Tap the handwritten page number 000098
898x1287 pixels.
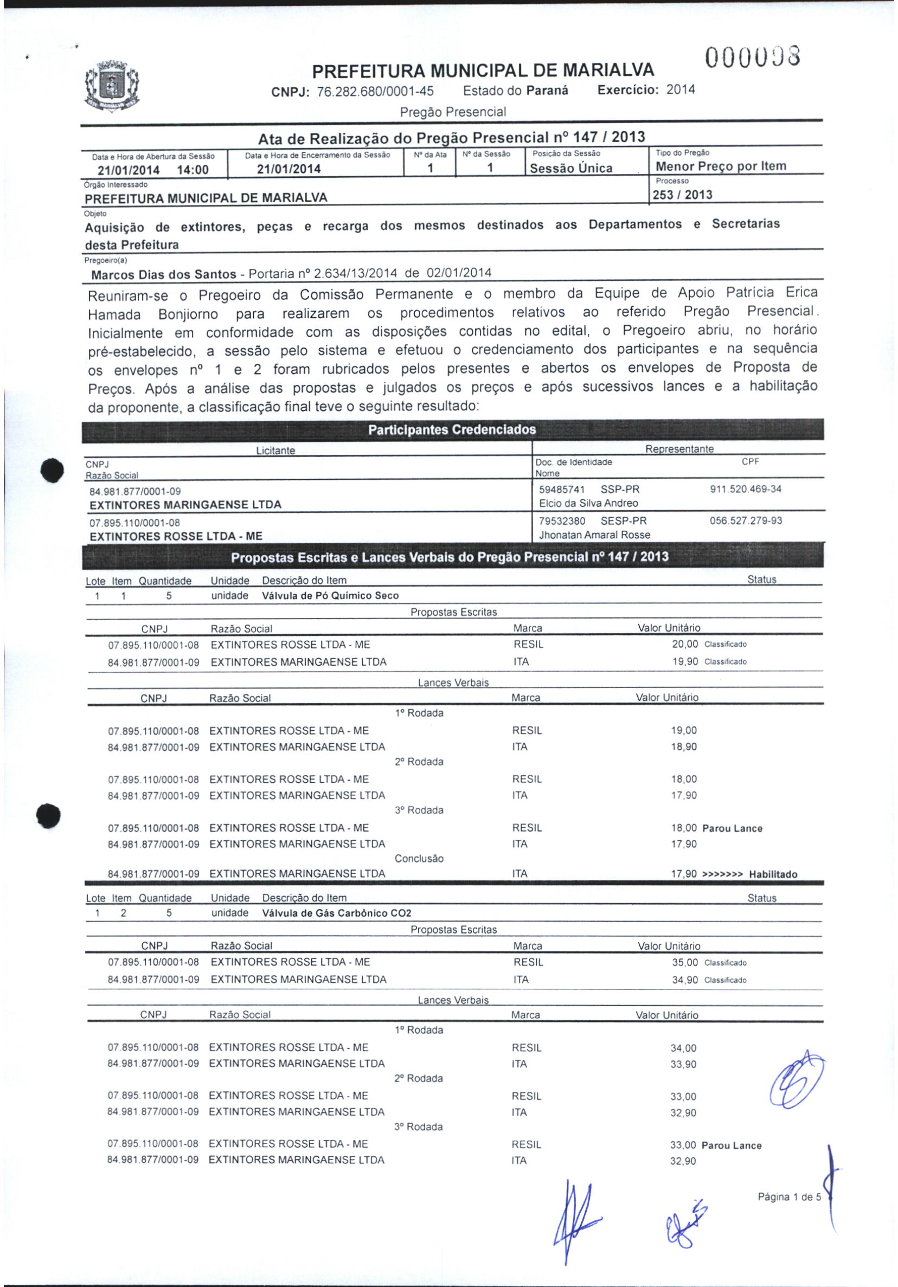click(x=753, y=57)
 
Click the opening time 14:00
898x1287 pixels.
click(x=193, y=170)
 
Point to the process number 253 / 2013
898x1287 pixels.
click(x=683, y=195)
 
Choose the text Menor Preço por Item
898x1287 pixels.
click(x=721, y=166)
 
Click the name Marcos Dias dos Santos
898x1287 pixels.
click(x=163, y=275)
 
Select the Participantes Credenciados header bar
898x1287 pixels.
click(x=452, y=430)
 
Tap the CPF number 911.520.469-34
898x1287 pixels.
click(x=746, y=489)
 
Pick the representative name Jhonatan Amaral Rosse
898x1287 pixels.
click(x=595, y=535)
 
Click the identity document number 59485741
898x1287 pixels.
click(x=562, y=489)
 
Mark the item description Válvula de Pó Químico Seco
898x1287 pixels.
click(x=330, y=595)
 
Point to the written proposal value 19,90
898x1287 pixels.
click(x=685, y=661)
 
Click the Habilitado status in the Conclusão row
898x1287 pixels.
click(x=773, y=874)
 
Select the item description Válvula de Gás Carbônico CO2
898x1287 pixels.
click(x=336, y=912)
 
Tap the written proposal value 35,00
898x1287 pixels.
click(x=685, y=962)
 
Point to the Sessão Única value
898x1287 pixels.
click(x=571, y=168)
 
